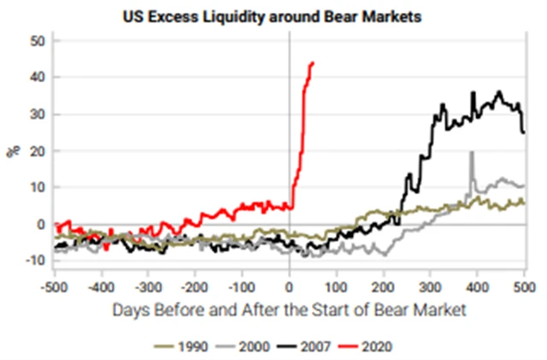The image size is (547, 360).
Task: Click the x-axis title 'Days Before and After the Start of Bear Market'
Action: point(289,309)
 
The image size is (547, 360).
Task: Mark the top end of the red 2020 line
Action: point(313,62)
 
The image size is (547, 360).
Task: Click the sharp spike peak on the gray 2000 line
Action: point(471,153)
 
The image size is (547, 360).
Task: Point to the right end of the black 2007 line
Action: point(524,132)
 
